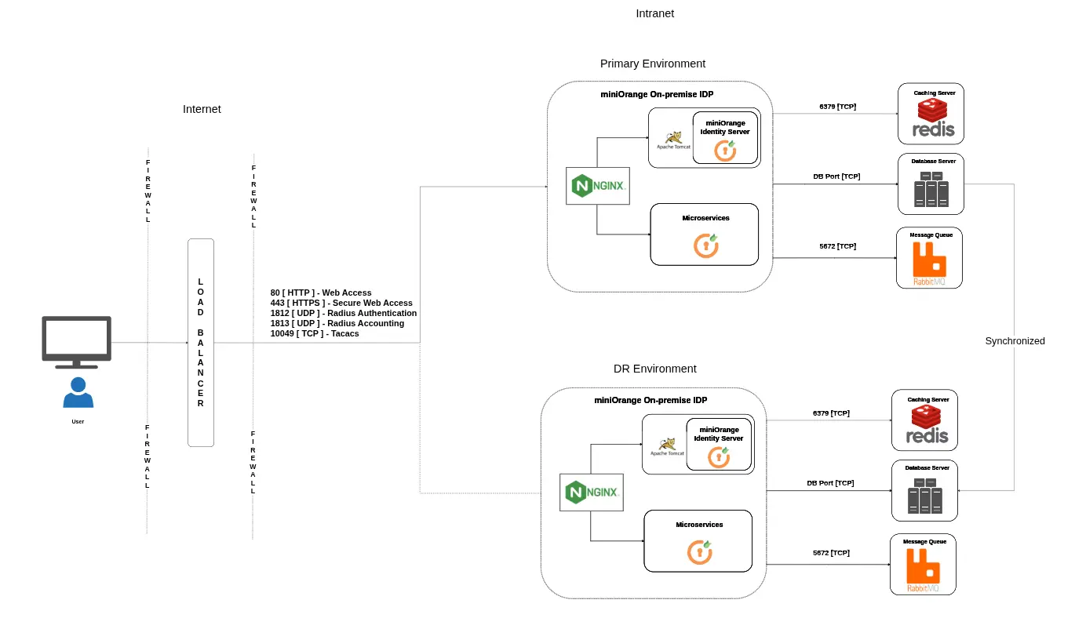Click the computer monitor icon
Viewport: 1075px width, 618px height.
[76, 341]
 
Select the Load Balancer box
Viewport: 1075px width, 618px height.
[201, 343]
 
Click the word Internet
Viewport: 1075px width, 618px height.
[202, 109]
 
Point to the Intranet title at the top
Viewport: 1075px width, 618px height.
[654, 13]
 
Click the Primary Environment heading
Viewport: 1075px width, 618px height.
[652, 64]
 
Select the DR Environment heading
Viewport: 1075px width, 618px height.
[654, 369]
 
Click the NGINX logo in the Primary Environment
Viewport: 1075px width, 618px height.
[597, 186]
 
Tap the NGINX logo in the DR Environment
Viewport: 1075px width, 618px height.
[591, 493]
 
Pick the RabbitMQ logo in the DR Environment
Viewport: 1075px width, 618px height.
[923, 571]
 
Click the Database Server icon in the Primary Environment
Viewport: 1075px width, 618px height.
[931, 190]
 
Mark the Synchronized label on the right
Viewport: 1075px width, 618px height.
[1015, 341]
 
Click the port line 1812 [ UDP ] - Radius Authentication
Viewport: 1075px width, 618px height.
[343, 313]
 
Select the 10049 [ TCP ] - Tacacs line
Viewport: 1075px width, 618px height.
[315, 333]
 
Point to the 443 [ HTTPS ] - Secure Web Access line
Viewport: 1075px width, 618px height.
[341, 303]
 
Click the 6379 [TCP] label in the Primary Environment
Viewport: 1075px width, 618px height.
[837, 106]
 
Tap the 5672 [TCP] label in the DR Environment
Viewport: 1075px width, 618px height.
[831, 553]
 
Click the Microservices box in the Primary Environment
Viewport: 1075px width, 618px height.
[705, 234]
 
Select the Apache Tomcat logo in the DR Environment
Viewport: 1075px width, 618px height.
[668, 446]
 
